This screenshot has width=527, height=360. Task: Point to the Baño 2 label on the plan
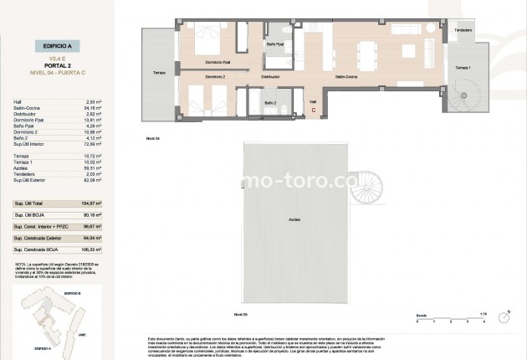[270, 102]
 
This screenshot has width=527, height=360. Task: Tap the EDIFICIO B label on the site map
[72, 296]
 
